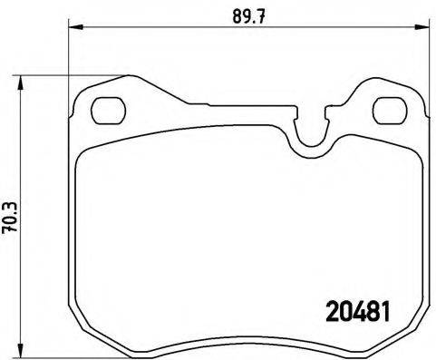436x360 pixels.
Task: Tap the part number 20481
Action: click(x=357, y=311)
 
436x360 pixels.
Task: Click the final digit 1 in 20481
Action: click(x=386, y=311)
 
